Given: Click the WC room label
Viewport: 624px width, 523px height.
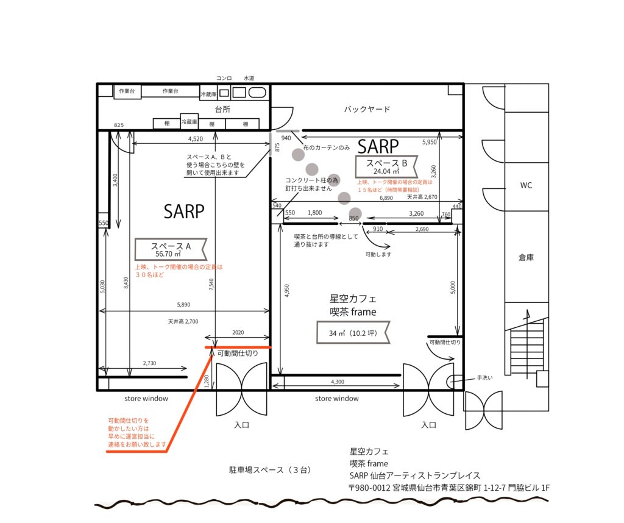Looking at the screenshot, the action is click(526, 185).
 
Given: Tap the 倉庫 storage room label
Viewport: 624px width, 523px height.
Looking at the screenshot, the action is click(526, 257).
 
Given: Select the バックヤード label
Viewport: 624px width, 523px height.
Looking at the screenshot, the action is click(366, 109).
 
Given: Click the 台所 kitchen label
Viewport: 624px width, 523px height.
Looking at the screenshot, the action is click(222, 109).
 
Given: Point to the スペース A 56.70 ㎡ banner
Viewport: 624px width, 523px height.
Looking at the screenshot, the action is click(171, 249).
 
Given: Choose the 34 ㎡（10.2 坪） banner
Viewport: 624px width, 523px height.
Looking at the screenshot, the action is click(353, 333).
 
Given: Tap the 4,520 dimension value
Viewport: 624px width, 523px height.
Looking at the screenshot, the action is click(196, 139).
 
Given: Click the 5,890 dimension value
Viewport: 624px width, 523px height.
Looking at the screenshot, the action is click(183, 305).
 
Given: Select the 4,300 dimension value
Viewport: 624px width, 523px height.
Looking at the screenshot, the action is click(338, 382).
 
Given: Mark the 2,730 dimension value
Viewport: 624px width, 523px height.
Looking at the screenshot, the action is click(150, 363).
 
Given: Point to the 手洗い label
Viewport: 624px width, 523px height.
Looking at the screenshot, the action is click(484, 378).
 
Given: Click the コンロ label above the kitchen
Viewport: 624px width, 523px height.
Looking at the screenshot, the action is click(224, 78).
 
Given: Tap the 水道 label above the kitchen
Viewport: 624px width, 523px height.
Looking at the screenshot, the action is click(249, 78).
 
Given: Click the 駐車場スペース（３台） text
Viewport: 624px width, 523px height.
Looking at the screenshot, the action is click(270, 470).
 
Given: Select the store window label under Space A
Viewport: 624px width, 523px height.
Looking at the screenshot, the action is click(146, 399).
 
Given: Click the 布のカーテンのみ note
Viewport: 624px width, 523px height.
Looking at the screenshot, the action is click(327, 148).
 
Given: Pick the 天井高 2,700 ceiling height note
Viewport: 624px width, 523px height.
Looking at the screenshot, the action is click(183, 321).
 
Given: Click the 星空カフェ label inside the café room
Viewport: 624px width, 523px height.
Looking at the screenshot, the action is click(353, 298).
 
